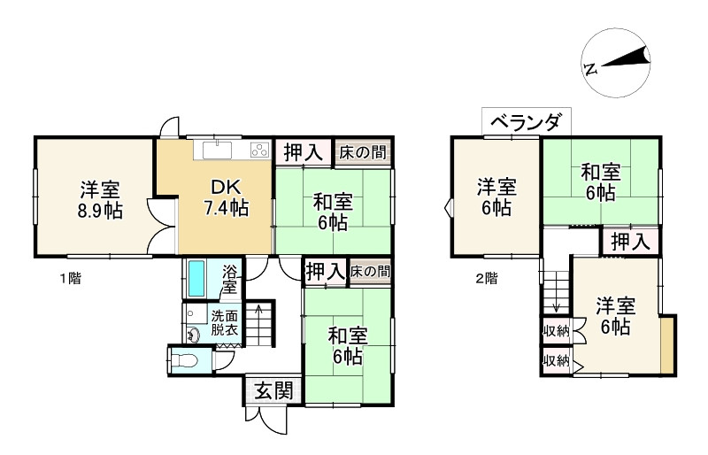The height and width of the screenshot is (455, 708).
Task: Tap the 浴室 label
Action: coord(229,279)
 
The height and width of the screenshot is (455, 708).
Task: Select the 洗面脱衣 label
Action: coord(223,323)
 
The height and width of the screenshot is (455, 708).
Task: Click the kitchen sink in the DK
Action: coord(218,149)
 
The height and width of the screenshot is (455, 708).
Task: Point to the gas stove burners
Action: coord(258,149)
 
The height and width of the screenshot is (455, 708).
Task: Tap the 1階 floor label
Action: coord(71,279)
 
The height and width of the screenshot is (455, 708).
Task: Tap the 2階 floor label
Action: coord(486,279)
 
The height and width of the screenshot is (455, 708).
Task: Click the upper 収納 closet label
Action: coord(556,331)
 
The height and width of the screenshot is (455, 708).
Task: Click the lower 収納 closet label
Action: coord(556,360)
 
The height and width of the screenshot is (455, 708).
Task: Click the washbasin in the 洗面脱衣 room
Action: coord(193,334)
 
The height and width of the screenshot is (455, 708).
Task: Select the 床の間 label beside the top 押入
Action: coord(363,151)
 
